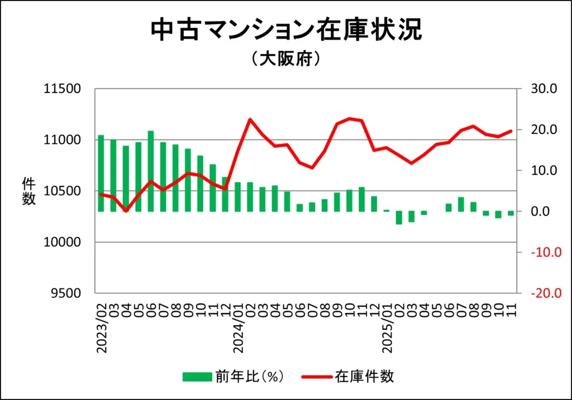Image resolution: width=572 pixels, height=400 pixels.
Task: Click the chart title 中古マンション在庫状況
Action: click(286, 31)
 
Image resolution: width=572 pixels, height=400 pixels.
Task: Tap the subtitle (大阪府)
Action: click(285, 59)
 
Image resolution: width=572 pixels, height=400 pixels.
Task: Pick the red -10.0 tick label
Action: click(542, 253)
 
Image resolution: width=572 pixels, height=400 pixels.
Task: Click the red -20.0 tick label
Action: click(542, 293)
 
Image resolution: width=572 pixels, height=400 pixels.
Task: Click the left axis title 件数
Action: click(28, 191)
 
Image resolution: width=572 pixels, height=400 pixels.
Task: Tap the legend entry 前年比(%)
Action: click(235, 377)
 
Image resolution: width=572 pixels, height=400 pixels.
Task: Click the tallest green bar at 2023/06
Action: click(151, 171)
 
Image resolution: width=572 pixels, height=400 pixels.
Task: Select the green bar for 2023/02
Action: click(101, 173)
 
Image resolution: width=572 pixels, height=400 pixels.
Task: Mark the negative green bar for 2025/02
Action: click(399, 218)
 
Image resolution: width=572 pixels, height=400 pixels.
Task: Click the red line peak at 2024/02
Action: click(250, 119)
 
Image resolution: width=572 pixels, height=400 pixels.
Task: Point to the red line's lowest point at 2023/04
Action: click(126, 211)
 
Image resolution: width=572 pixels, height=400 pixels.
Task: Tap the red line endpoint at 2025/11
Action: click(511, 131)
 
